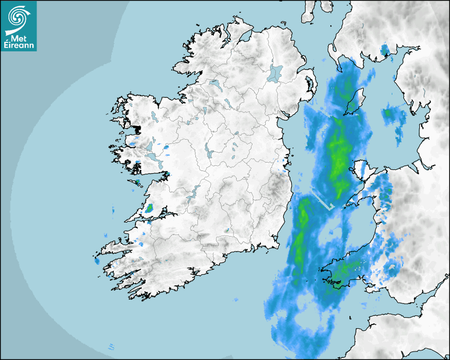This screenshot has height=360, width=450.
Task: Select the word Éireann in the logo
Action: pos(19,47)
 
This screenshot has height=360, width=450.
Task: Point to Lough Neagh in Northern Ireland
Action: pos(275,73)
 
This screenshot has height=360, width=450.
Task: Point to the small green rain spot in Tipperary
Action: pos(227,230)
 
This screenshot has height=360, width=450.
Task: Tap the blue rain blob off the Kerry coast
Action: pos(97,261)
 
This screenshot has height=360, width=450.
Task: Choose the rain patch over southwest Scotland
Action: pos(385,51)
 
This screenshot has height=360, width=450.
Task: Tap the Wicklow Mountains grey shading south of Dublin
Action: pos(275,185)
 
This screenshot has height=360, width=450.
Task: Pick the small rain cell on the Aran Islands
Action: pos(138,182)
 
